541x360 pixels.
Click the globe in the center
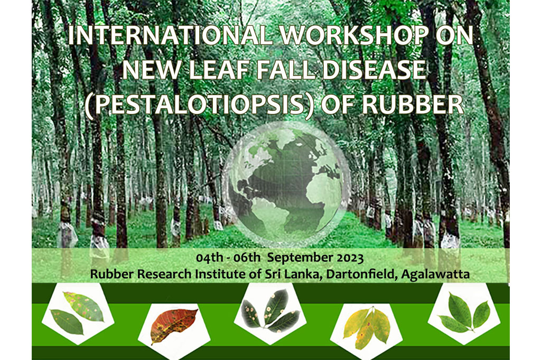pyautogui.click(x=286, y=183)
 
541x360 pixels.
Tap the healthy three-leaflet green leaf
pyautogui.click(x=464, y=314)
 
